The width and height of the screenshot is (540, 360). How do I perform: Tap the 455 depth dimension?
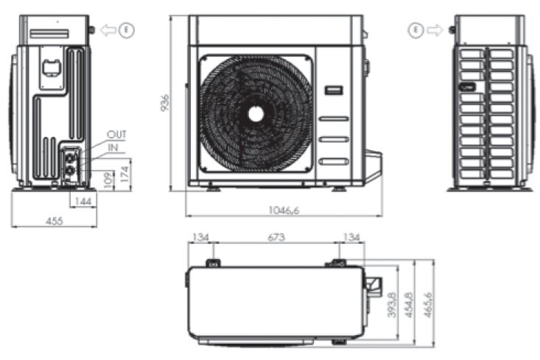54,219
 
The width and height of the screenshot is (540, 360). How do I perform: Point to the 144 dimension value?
83,201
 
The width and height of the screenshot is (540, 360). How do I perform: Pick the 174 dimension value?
125,174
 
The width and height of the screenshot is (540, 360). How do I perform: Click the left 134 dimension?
200,237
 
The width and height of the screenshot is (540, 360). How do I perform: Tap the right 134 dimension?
351,237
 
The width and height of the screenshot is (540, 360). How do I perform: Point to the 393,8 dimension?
392,303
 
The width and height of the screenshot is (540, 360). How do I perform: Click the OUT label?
116,135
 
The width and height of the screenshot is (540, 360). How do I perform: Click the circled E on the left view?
127,31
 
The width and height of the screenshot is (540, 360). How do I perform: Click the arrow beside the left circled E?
108,31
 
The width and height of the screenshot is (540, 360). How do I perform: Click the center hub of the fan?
256,113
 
